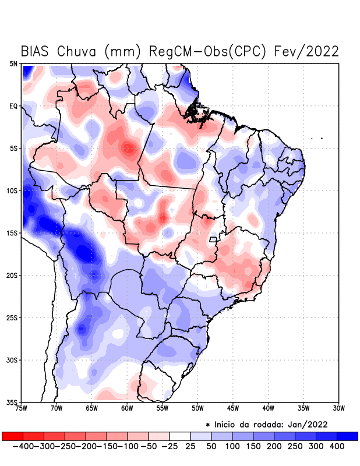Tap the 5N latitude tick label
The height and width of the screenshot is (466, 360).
coord(13,63)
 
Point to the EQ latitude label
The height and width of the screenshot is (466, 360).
coord(13,106)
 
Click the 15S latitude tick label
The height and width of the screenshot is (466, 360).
coord(12,233)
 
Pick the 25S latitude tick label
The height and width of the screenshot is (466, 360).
coord(12,317)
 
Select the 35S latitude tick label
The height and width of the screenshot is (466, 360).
coord(12,402)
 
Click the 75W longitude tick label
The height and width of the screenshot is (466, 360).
coord(22,408)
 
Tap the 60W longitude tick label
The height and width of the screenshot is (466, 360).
coord(128,408)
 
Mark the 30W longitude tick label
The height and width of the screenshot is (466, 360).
coord(338,408)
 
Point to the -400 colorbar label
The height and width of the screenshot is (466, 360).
coord(22,446)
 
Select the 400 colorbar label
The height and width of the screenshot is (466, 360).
coord(337,446)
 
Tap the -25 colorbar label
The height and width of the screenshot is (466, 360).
coord(169,446)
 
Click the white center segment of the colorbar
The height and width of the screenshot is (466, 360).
coord(179,436)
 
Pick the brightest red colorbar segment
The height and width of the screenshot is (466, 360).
coord(12,436)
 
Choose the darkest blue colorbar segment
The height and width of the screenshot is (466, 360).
coord(347,436)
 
